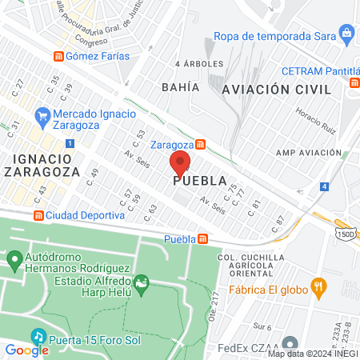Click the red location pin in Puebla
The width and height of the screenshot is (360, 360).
point(180,163)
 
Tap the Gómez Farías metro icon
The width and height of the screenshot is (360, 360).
point(58,56)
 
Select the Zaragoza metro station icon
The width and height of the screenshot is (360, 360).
point(201,145)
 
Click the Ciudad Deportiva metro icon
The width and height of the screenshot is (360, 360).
point(38,215)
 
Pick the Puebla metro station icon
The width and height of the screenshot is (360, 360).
point(203,238)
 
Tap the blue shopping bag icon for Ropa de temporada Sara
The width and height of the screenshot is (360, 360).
point(346,34)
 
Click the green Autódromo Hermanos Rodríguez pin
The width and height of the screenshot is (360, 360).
point(14,260)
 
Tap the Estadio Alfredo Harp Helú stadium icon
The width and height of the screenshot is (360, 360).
point(141,282)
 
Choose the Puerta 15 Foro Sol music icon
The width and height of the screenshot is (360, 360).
point(37,335)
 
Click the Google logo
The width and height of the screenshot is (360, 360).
point(26,350)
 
